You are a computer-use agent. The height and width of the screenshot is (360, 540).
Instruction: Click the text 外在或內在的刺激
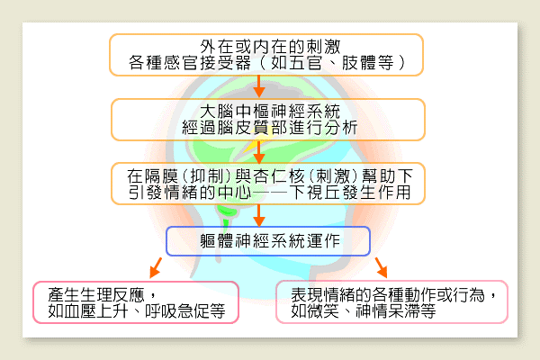(x=270, y=47)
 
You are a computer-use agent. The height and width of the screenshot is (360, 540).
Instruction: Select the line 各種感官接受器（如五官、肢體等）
(x=266, y=63)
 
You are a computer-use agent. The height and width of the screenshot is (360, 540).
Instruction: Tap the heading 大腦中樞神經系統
(x=270, y=112)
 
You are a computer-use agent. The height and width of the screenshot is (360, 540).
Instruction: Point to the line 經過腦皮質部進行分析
(x=270, y=128)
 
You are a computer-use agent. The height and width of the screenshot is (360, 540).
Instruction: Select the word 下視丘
(x=315, y=193)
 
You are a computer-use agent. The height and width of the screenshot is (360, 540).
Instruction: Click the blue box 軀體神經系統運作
(x=268, y=241)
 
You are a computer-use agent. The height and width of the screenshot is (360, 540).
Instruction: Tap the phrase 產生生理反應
(x=96, y=294)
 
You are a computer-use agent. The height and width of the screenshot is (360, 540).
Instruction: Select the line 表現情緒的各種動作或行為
(x=388, y=294)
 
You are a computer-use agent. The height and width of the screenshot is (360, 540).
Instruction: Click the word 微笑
(x=323, y=310)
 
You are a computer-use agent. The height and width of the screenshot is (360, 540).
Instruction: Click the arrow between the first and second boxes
(x=259, y=86)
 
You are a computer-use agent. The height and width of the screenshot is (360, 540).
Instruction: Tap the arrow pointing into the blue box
(x=259, y=216)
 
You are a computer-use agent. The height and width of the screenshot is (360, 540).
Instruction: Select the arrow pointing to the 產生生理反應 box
(x=156, y=267)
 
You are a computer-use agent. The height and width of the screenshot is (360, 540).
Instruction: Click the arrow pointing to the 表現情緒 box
(x=382, y=267)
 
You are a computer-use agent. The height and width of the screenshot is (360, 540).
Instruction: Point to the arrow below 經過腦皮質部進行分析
(x=259, y=151)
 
